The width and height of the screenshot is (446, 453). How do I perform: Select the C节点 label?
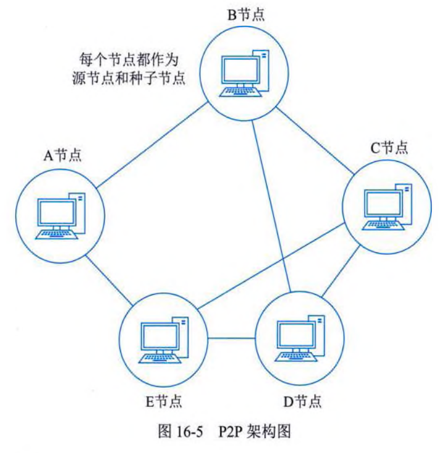click(388, 148)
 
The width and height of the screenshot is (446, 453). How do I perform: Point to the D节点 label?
click(302, 402)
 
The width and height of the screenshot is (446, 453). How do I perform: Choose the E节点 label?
click(164, 402)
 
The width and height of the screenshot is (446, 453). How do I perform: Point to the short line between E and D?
click(232, 338)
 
